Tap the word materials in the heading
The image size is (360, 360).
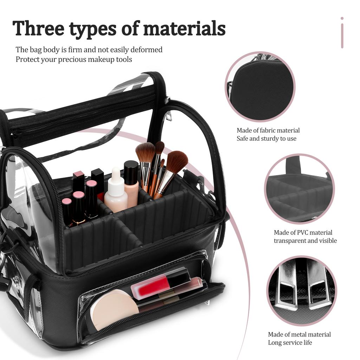(184, 28)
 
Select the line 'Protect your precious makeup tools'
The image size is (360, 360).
(74, 59)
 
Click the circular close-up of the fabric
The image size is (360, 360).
(260, 86)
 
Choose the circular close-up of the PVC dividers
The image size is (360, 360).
(299, 188)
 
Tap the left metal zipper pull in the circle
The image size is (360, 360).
(287, 284)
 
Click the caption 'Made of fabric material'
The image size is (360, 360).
(268, 130)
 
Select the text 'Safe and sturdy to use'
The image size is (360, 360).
(266, 139)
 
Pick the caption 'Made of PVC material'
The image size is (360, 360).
(303, 232)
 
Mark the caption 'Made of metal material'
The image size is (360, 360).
(299, 334)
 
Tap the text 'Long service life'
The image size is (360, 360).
(290, 342)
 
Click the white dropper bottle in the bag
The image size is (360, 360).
(116, 192)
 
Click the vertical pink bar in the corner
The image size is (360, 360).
(342, 33)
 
